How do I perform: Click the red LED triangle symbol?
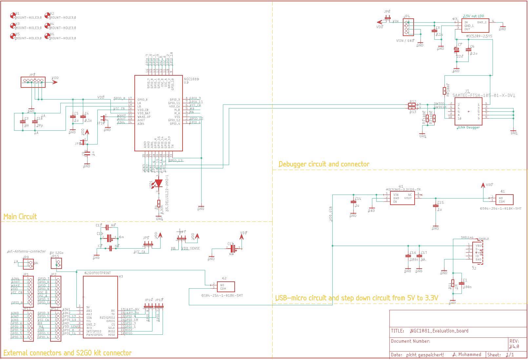pos(159,183)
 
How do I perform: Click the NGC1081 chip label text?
pos(191,79)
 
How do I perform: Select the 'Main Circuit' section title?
pos(20,217)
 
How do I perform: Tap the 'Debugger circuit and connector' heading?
pos(324,164)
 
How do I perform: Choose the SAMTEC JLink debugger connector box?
pos(468,111)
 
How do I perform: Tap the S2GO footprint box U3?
pos(100,307)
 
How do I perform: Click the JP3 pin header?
pos(33,81)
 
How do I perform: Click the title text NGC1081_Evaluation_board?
pos(439,331)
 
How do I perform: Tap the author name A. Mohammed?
pos(467,354)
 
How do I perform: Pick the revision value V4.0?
pos(514,346)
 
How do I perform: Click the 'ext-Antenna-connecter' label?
pos(27,251)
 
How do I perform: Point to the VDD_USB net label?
pos(331,215)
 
